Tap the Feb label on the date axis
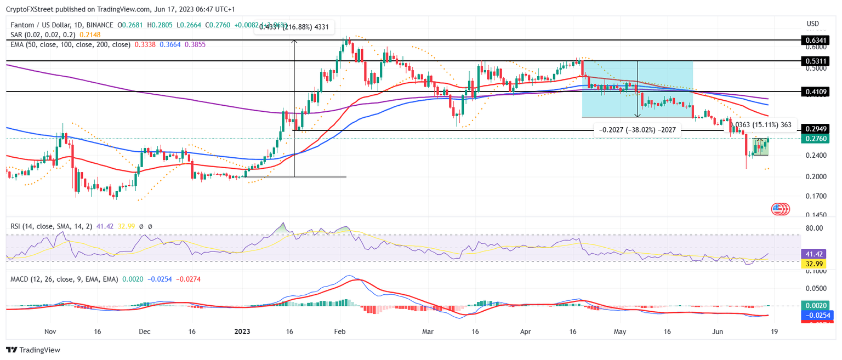[x=340, y=332]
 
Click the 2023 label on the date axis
[x=242, y=332]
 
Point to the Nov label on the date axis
[x=50, y=332]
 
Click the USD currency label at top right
[x=813, y=24]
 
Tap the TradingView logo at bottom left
[x=33, y=350]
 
